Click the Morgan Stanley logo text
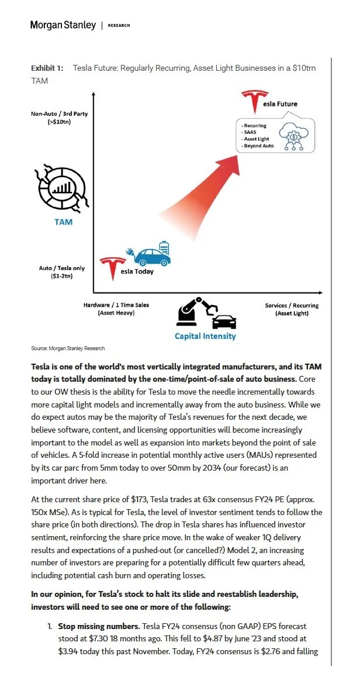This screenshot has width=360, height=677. pos(63,25)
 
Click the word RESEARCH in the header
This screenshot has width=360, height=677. pos(119,26)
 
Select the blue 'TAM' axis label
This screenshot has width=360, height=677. pos(63,222)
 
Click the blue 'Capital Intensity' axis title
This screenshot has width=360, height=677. pos(205,336)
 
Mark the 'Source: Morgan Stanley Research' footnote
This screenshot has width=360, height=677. pos(68,348)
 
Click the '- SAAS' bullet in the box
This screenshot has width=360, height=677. pos(250,132)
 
